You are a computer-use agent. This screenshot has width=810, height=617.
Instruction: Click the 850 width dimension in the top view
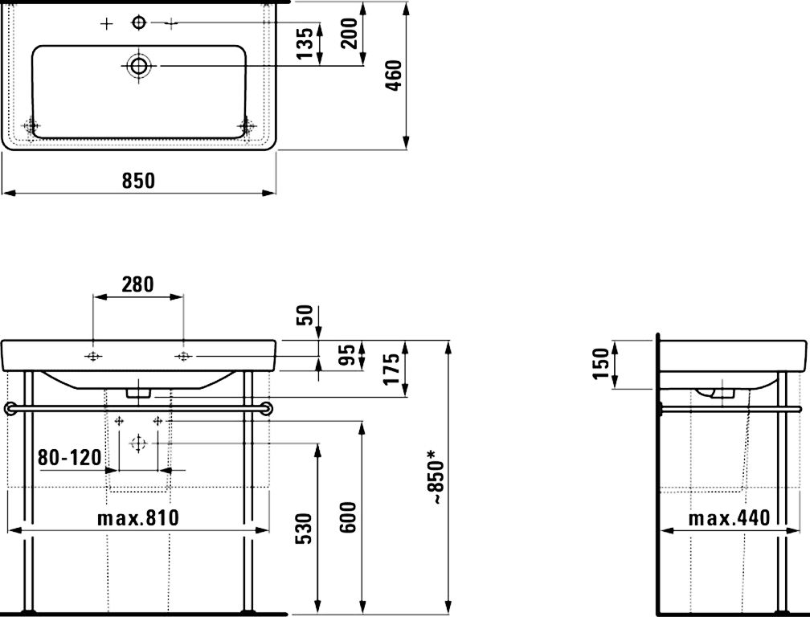(x=138, y=182)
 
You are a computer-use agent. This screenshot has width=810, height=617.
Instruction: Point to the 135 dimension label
(x=305, y=43)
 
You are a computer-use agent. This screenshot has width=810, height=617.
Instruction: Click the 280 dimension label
(x=138, y=284)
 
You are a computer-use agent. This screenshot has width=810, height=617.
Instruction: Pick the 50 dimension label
(x=304, y=315)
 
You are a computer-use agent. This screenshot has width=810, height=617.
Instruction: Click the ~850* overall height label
(x=436, y=477)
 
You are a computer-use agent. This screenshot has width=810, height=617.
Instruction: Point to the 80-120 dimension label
(x=70, y=458)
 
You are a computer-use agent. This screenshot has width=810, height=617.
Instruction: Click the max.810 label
(x=138, y=518)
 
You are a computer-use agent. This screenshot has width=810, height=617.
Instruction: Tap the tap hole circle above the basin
(x=139, y=23)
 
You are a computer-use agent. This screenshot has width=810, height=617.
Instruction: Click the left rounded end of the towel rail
(x=10, y=409)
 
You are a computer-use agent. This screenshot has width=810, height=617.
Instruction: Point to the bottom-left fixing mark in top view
(x=31, y=127)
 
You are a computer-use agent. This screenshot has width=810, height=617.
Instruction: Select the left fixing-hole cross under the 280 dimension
(x=94, y=356)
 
